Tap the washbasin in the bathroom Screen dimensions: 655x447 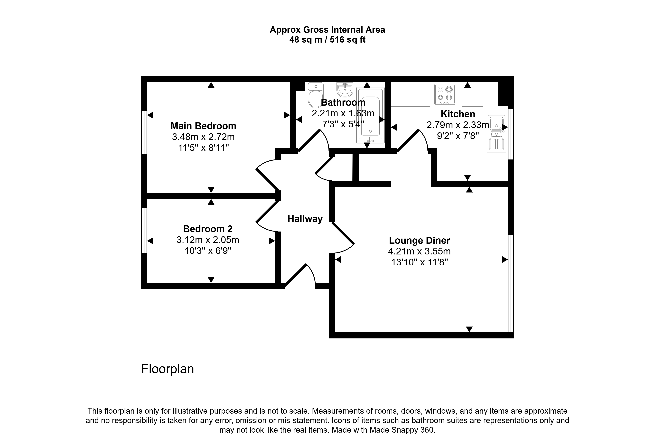pos(345,89)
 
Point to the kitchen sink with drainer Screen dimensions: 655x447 pos(496,133)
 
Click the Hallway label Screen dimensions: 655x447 pos(305,219)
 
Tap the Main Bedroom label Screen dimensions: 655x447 pos(203,126)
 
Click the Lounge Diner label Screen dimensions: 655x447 pos(419,240)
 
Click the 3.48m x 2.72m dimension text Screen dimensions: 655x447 pos(203,137)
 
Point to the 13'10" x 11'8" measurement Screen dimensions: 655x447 pos(419,262)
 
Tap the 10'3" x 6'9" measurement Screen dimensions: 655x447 pos(208,251)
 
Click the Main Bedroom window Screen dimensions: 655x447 pos(144,132)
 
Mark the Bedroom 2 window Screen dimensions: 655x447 pos(144,231)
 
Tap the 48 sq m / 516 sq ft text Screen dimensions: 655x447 pos(327,40)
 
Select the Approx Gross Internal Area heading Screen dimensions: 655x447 pos(327,30)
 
